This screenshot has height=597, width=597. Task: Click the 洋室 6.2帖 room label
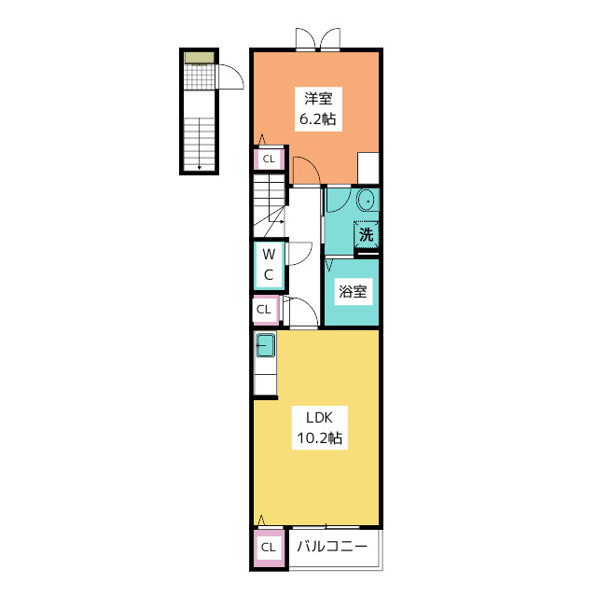coord(318,109)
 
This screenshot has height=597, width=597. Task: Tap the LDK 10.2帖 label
coord(319,428)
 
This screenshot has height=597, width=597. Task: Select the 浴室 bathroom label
coord(353,292)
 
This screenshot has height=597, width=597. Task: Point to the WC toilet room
coord(269,264)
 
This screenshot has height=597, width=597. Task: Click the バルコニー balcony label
coord(332,547)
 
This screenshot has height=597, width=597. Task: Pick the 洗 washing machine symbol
coord(366,234)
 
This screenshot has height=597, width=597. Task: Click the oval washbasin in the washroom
coord(367,200)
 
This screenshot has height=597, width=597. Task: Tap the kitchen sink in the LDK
coord(265,345)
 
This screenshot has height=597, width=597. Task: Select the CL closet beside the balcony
coord(269,548)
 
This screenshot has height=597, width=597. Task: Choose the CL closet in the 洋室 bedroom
coord(269,159)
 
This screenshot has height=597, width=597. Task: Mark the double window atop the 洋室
coord(318,39)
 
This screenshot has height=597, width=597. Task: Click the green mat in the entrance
coord(199,58)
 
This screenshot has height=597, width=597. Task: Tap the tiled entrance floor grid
coord(199,76)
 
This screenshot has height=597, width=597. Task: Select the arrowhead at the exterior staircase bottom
coord(199,167)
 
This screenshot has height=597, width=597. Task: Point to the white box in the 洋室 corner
coord(368,168)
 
